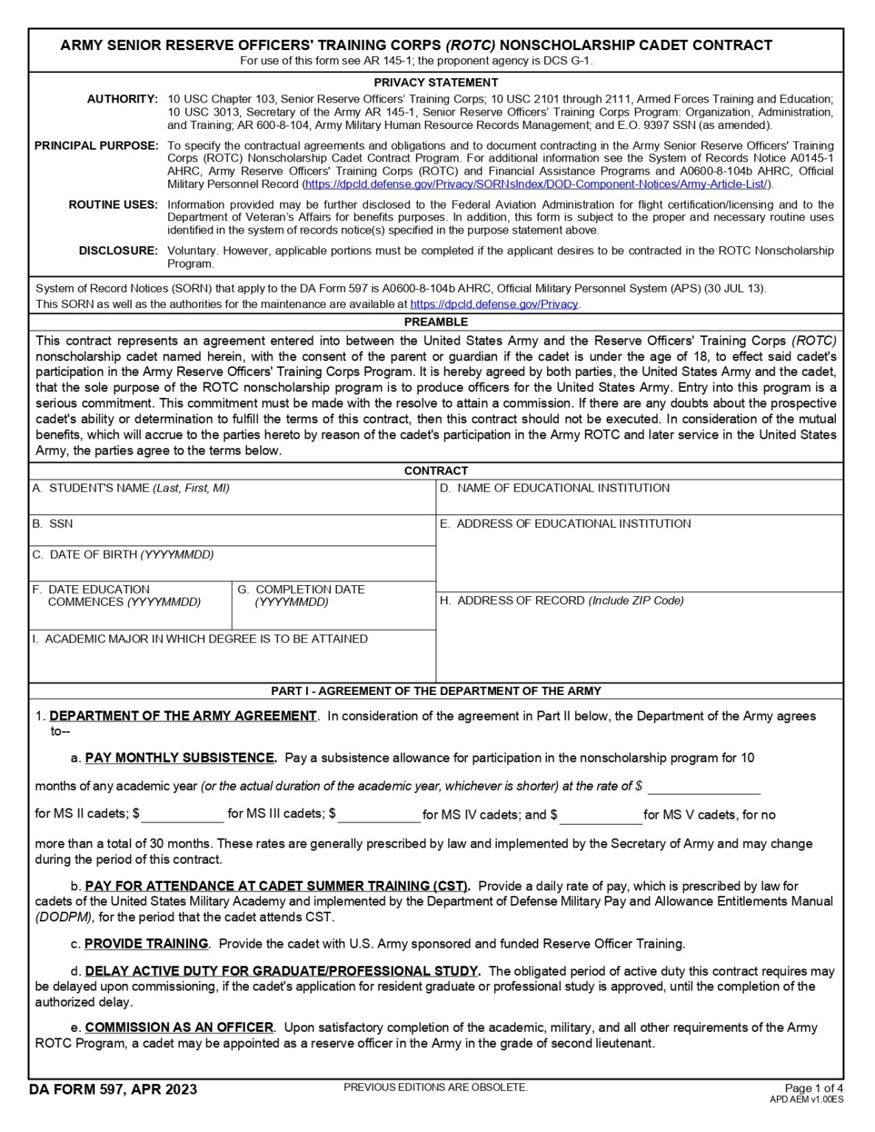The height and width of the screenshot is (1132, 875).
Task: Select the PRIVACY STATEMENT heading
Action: [x=436, y=83]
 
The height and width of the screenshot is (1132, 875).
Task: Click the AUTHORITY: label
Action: [x=122, y=99]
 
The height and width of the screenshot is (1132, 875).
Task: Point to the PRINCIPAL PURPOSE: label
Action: [x=97, y=146]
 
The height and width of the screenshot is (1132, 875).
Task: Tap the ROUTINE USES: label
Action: [x=114, y=205]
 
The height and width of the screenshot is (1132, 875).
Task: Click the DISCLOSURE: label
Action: [x=119, y=251]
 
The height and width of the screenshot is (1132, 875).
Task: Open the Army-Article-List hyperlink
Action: [x=536, y=184]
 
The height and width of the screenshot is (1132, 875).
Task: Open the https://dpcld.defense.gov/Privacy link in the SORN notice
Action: [x=494, y=304]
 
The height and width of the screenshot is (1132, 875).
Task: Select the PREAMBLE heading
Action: [x=436, y=322]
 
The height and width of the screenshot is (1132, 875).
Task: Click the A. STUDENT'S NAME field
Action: [x=231, y=503]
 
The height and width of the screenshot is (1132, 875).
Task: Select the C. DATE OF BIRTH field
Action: [x=231, y=568]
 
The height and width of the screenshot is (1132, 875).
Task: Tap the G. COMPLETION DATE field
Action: [x=333, y=616]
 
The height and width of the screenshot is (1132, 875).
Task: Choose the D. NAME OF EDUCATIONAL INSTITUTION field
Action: [x=638, y=503]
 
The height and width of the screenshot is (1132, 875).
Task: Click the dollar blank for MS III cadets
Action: [x=379, y=814]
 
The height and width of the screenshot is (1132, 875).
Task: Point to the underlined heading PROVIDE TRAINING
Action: [x=146, y=944]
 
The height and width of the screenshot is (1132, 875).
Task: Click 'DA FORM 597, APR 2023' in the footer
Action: [x=114, y=1090]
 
